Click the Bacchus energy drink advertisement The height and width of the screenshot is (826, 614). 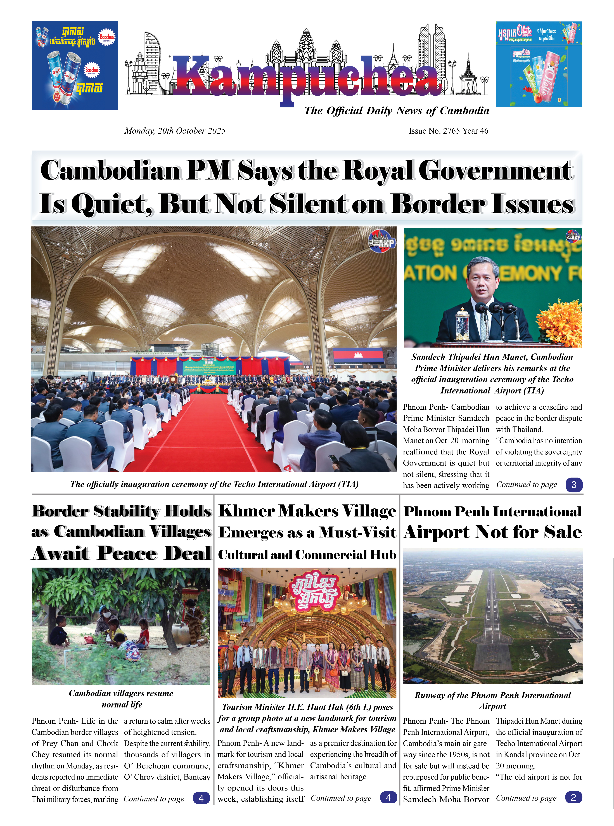point(75,65)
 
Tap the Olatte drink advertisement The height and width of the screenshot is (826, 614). point(539,64)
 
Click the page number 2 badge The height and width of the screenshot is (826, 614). point(573,797)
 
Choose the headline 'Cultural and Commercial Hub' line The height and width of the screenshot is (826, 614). point(307,555)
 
